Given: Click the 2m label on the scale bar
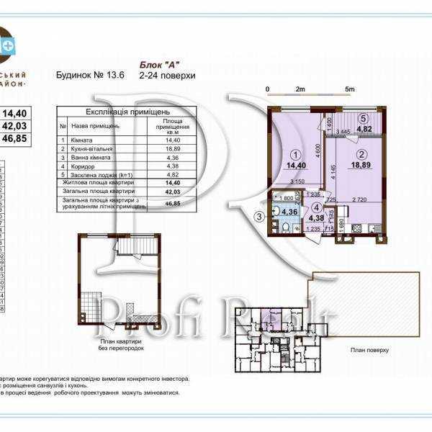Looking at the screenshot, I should pyautogui.click(x=300, y=89).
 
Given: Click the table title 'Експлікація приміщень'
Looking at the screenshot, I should pyautogui.click(x=127, y=112).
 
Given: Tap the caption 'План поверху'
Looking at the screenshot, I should pyautogui.click(x=369, y=350).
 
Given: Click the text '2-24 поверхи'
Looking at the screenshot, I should pyautogui.click(x=168, y=75).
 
